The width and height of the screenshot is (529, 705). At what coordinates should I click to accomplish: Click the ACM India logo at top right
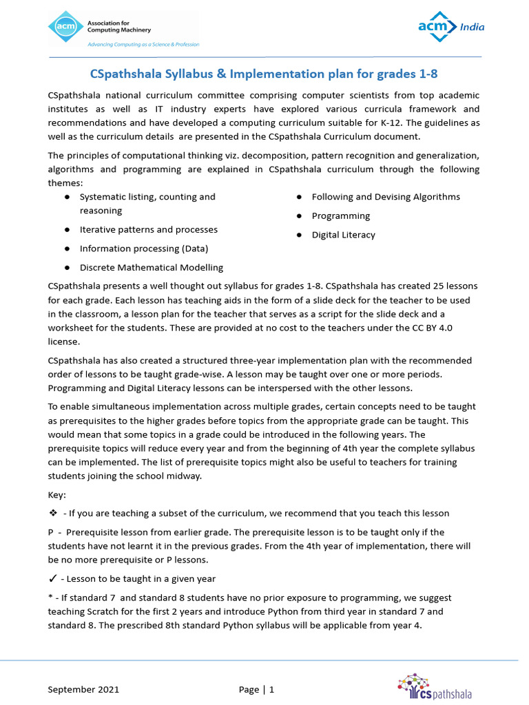[451, 27]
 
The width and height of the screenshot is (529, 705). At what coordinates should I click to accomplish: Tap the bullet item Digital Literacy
[343, 235]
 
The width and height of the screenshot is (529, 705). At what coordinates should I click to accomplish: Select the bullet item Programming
[340, 215]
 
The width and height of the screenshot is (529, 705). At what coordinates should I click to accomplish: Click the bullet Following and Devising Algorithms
[385, 197]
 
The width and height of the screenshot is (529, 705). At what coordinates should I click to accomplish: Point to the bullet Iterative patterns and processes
[148, 229]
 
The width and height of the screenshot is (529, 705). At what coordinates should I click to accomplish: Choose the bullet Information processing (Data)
[143, 249]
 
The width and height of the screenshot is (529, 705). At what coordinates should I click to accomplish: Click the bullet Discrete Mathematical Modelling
[151, 267]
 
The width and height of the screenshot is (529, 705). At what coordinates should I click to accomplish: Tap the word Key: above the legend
[57, 495]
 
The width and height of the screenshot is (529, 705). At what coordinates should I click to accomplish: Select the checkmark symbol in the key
[52, 578]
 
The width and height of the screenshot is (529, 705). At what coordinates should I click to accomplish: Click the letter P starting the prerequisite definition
[51, 532]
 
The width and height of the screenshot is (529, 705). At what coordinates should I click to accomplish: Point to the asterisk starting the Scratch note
[50, 598]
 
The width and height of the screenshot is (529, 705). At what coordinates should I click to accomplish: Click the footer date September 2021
[83, 689]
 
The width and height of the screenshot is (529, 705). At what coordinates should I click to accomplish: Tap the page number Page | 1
[256, 689]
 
